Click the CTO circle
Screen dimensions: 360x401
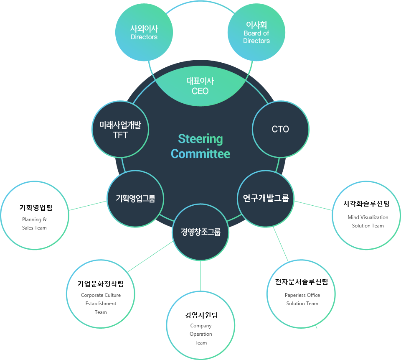tap(280, 129)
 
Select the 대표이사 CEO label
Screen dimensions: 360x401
tap(200, 86)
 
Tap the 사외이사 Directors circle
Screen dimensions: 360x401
tap(144, 33)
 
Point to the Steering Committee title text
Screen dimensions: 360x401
tap(200, 146)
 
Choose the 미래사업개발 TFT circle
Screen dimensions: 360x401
tap(120, 129)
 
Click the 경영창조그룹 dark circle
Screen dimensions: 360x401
tap(200, 232)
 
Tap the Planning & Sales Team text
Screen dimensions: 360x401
tap(34, 224)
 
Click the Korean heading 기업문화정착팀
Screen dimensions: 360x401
tap(101, 284)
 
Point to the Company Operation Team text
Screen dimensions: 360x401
tap(201, 334)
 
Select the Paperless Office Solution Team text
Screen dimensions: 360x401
tap(302, 299)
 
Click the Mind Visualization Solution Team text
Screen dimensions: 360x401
tap(368, 222)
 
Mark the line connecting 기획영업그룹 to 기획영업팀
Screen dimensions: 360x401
tap(88, 205)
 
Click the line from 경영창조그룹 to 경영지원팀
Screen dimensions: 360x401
tap(200, 276)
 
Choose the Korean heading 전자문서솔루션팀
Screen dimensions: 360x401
tap(302, 282)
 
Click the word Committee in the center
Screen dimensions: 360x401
tap(200, 154)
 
